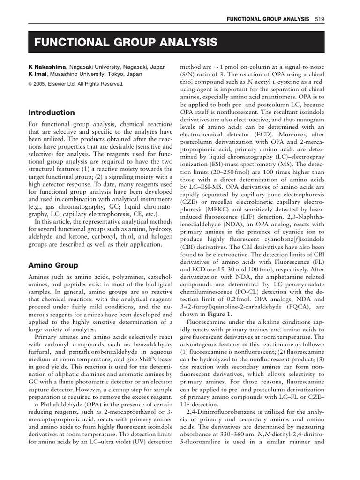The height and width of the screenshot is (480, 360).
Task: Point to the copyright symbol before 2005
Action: (30, 84)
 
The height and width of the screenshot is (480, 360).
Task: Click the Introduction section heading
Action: (52, 112)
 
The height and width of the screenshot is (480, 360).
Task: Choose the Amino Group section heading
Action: (53, 265)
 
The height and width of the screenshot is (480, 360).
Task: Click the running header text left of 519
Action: (268, 19)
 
